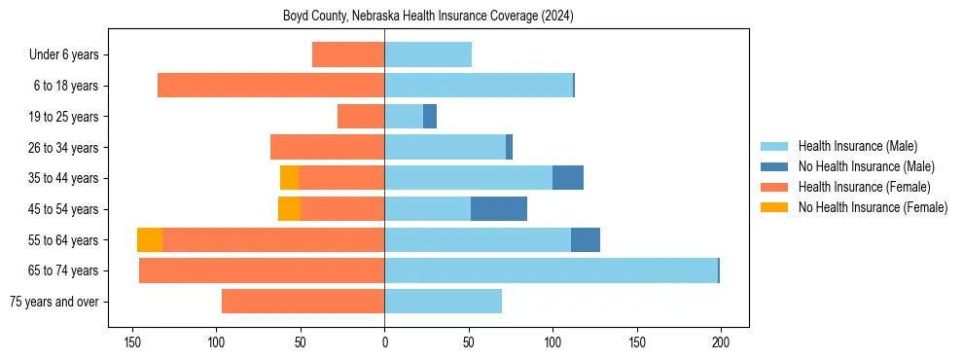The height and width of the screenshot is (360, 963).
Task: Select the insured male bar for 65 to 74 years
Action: pos(551,270)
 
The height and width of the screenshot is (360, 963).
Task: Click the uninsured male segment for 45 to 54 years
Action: pos(499,209)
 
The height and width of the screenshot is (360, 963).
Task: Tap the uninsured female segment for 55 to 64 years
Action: pos(150,240)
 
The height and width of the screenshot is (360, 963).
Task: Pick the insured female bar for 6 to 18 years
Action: pos(270,86)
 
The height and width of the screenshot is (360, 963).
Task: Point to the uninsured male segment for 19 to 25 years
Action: pos(430,117)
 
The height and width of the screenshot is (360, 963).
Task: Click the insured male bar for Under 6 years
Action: pos(428,54)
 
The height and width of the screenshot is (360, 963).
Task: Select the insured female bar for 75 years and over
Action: pos(303,302)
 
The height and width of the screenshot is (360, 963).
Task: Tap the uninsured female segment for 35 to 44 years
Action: pos(289,178)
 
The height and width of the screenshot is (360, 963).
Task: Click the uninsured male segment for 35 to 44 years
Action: pos(568,178)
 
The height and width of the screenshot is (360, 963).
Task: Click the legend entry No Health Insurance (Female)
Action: pos(873,207)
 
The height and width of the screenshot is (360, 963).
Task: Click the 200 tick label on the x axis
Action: pos(721,342)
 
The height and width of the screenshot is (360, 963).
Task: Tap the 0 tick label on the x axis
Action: pos(384,342)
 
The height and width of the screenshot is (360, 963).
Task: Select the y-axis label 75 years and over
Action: pos(53,302)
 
